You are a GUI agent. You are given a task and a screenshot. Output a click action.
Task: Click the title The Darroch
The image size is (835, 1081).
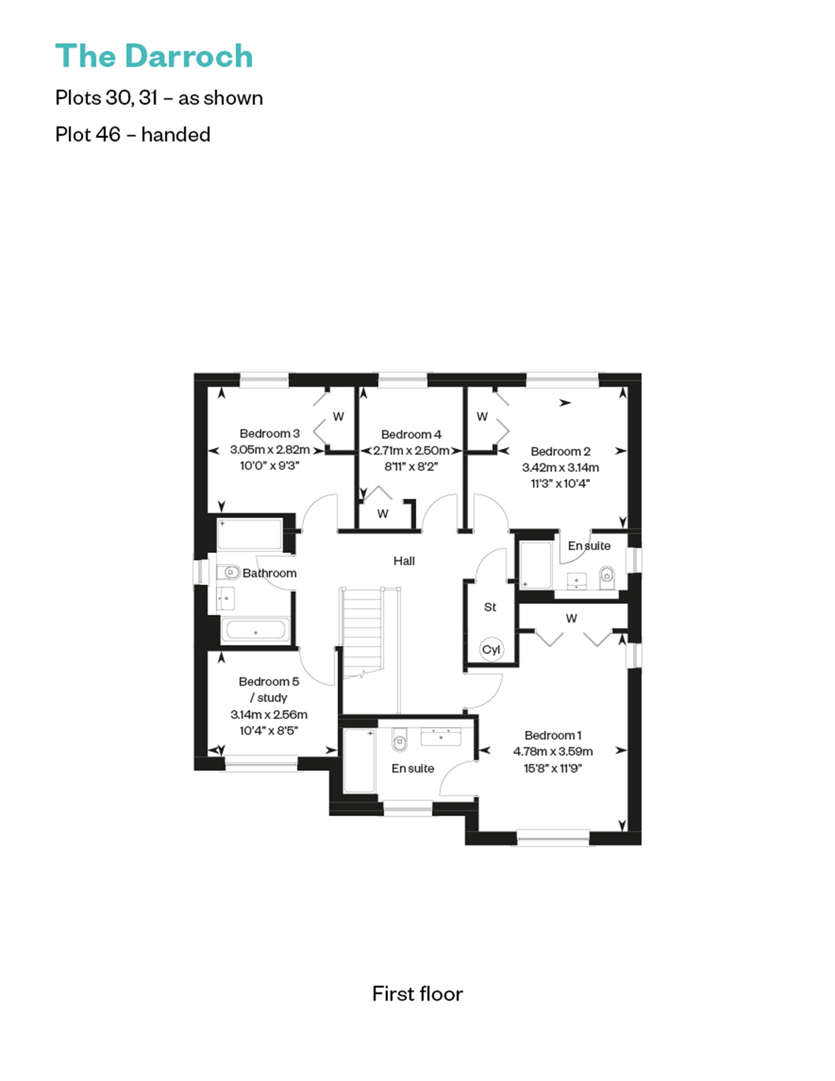click(x=154, y=56)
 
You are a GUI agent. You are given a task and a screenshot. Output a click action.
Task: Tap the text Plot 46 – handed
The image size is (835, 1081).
click(x=133, y=135)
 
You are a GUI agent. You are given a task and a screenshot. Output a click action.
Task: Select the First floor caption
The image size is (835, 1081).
click(x=417, y=994)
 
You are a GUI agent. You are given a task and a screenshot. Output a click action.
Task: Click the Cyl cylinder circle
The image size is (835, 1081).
click(x=491, y=649)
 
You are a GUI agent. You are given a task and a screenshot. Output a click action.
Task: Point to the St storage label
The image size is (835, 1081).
click(x=490, y=607)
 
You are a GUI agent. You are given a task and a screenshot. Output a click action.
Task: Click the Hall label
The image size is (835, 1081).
click(x=404, y=561)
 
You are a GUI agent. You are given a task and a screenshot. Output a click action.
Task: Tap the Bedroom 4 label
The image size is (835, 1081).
click(x=411, y=434)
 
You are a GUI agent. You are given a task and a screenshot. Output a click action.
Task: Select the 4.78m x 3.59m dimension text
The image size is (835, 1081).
click(x=552, y=751)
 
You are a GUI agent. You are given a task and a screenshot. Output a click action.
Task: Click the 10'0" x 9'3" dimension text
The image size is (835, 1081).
click(x=269, y=466)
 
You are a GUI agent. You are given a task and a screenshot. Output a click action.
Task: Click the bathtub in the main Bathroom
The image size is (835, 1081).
click(x=255, y=630)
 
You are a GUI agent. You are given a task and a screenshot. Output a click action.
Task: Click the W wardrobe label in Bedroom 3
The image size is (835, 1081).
click(x=338, y=417)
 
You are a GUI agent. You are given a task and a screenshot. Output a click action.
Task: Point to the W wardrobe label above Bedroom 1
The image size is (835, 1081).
click(x=571, y=618)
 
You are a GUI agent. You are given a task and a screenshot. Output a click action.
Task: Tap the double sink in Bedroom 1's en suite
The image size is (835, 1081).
click(x=441, y=736)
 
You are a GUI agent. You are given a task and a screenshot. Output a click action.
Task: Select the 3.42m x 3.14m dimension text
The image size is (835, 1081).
click(x=560, y=467)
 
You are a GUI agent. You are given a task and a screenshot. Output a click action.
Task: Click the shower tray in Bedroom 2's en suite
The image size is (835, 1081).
click(x=535, y=565)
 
